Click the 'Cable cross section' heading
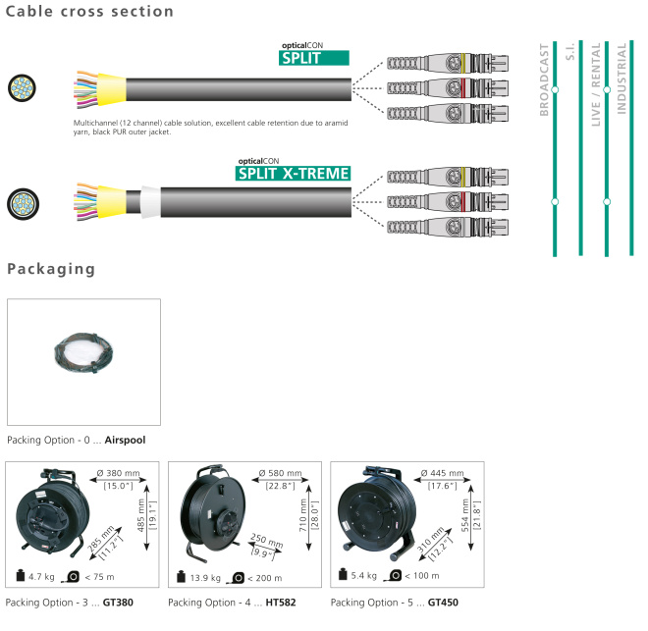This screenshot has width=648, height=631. (89, 13)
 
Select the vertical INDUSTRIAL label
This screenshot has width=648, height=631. (621, 79)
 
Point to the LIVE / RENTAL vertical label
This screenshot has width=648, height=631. (596, 87)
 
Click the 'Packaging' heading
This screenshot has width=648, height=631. (51, 269)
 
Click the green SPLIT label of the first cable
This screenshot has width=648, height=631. (314, 58)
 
